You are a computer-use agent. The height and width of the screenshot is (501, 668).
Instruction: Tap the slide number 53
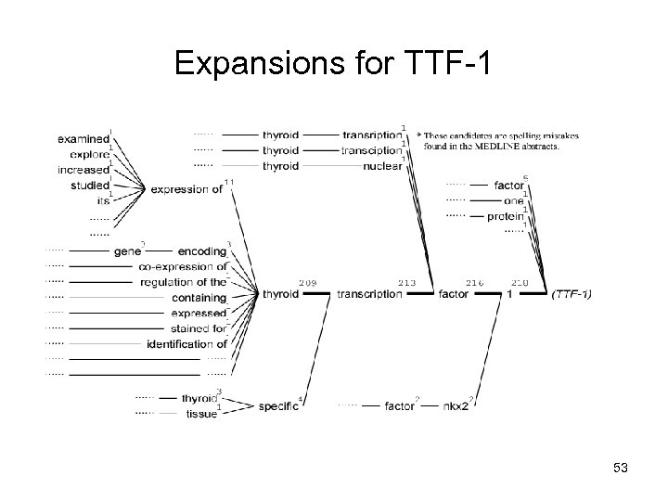tap(621, 468)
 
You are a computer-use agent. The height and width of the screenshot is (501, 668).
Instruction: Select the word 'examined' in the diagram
tap(83, 138)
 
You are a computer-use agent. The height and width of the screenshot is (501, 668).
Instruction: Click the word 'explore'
tap(90, 154)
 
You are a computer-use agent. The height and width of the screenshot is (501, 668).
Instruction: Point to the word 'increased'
tap(83, 169)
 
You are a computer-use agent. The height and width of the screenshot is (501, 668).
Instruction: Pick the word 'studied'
tap(89, 185)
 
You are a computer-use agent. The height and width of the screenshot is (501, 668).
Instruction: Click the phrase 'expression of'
tap(186, 190)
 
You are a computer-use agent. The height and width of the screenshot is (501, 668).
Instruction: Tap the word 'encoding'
tap(201, 251)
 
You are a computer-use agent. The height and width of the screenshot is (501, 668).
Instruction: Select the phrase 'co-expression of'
tap(183, 267)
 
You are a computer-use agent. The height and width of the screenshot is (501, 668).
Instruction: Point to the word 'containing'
tap(199, 298)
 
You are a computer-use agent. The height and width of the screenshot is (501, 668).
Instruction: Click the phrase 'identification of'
tap(186, 344)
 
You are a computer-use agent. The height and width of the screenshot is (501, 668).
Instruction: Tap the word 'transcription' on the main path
tap(369, 294)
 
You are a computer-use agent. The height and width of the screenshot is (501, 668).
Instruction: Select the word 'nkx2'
tap(456, 405)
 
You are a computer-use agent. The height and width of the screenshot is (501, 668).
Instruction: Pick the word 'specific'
tap(278, 405)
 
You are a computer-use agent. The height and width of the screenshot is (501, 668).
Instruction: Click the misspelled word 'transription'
tap(371, 135)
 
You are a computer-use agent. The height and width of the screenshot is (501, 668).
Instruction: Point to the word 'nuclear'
tap(382, 166)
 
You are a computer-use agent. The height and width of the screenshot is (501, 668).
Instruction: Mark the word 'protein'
tap(506, 216)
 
